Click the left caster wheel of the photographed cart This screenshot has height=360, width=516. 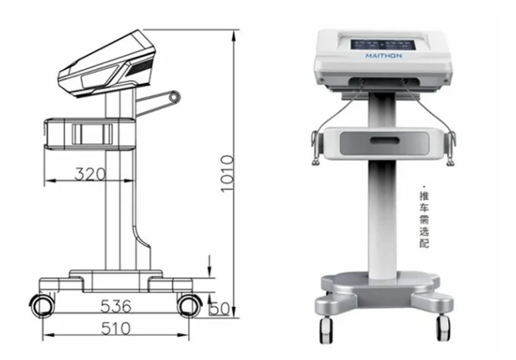coord(326,326)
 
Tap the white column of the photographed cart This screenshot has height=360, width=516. coord(384,214)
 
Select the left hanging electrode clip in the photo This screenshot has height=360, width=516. coord(315,151)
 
